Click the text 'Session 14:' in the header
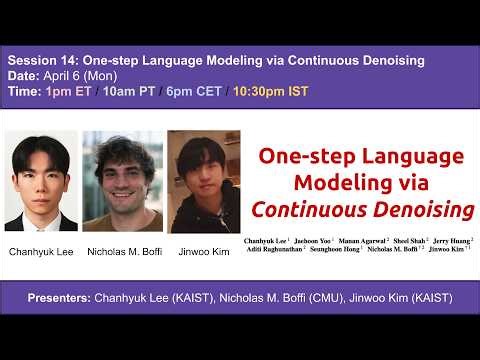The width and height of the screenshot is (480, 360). pos(41,61)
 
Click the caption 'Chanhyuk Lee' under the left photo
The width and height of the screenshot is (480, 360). pos(41,252)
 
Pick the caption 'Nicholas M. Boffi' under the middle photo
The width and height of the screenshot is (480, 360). pos(121,252)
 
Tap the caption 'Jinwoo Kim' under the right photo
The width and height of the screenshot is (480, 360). pos(204,252)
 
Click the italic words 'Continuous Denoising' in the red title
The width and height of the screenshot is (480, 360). pos(361,211)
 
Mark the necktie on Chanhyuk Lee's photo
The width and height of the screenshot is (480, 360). pos(41,218)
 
